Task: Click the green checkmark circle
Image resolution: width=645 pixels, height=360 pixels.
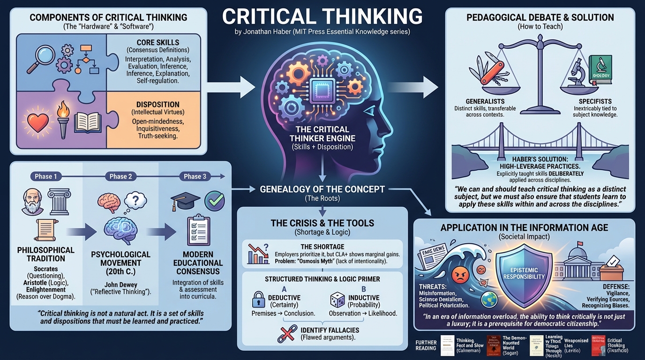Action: (215, 201)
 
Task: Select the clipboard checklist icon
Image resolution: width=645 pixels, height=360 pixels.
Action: (198, 230)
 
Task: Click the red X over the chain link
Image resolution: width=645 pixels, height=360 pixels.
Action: (285, 333)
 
